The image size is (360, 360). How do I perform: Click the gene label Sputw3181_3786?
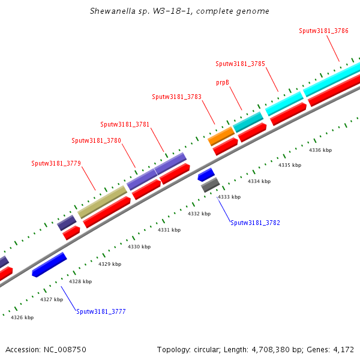(324, 31)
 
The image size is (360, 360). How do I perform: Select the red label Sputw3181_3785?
(240, 64)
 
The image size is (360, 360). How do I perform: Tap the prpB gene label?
(223, 82)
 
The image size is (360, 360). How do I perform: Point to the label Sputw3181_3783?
(176, 97)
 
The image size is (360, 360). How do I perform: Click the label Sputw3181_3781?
(125, 125)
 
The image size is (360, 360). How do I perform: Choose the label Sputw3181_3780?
(96, 141)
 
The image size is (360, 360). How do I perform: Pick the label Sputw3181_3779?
(56, 163)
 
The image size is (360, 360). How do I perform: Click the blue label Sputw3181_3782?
(255, 223)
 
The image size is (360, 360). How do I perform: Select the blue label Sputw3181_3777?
(101, 311)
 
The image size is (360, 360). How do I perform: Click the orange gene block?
(221, 136)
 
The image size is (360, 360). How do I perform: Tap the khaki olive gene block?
(102, 202)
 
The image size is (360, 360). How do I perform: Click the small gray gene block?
(210, 185)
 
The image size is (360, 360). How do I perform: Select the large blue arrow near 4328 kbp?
(49, 265)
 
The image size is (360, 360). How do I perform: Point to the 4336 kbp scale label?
(320, 150)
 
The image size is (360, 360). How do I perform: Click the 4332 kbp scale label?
(199, 214)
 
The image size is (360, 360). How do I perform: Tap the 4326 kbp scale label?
(22, 317)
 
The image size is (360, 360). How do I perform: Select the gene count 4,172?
(343, 349)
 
